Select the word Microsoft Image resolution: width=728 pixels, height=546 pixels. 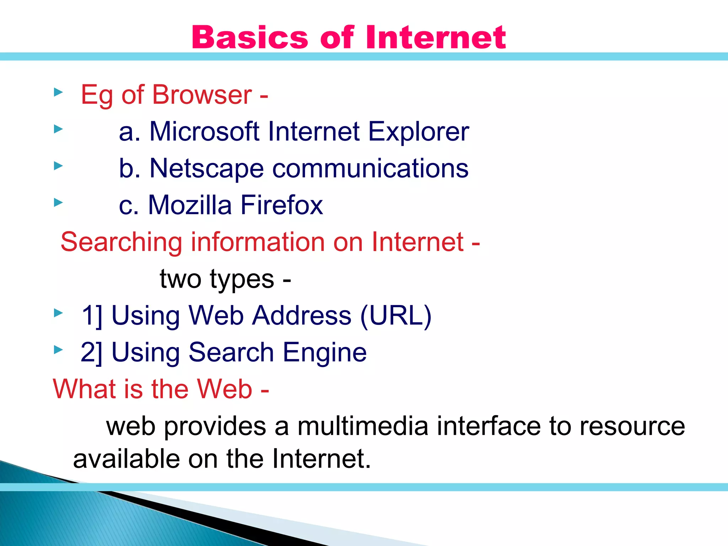[x=204, y=132]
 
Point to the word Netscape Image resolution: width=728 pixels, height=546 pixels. [x=207, y=168]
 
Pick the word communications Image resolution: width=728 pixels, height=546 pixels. [x=370, y=168]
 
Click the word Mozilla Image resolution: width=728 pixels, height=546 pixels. [x=190, y=205]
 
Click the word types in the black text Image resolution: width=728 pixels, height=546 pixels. [x=242, y=279]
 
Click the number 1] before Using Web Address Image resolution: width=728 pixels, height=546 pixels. [x=92, y=315]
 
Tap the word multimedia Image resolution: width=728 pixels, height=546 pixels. [x=363, y=426]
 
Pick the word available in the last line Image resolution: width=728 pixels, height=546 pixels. [x=127, y=459]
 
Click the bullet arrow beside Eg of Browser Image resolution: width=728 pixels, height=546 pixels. [x=58, y=92]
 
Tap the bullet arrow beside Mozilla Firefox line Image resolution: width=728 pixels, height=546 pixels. [x=58, y=203]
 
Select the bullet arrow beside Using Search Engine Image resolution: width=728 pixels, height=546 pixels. [x=58, y=350]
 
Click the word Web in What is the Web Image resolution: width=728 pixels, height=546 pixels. [x=225, y=389]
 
